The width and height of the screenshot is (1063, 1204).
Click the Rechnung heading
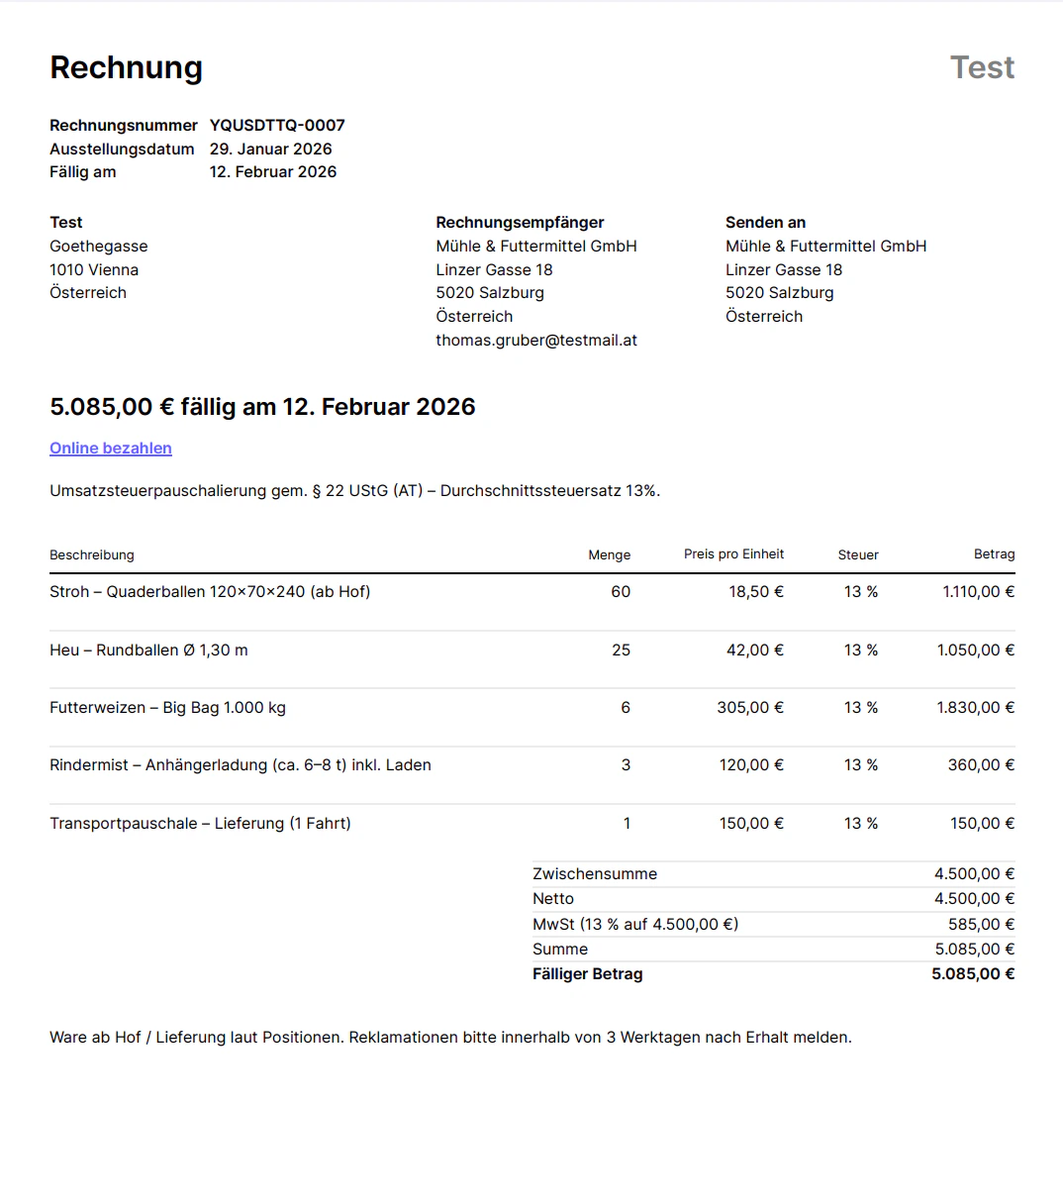(x=126, y=67)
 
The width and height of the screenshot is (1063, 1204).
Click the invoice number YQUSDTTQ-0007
(x=277, y=126)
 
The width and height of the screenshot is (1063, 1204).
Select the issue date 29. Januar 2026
(x=270, y=150)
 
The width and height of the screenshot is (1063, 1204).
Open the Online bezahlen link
(x=111, y=449)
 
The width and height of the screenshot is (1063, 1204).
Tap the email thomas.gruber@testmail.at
(x=535, y=341)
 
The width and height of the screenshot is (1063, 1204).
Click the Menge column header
(x=609, y=555)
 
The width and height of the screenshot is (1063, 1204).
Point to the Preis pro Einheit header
(x=733, y=554)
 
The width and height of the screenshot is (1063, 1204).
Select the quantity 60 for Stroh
(x=621, y=592)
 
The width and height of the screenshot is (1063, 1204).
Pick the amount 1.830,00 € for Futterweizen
(x=975, y=708)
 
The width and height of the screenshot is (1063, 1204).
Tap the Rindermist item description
(x=241, y=765)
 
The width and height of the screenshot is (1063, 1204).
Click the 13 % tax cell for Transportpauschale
(x=860, y=824)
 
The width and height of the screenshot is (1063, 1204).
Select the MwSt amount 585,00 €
(x=981, y=925)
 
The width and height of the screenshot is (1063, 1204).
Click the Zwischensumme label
(x=595, y=874)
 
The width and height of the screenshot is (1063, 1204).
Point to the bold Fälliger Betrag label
(x=588, y=974)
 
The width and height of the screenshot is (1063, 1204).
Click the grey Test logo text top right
(x=982, y=67)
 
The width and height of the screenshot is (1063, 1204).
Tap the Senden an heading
(x=765, y=223)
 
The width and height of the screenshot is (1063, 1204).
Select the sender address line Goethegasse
(x=99, y=247)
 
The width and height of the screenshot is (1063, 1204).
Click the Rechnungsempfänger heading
(x=520, y=223)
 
